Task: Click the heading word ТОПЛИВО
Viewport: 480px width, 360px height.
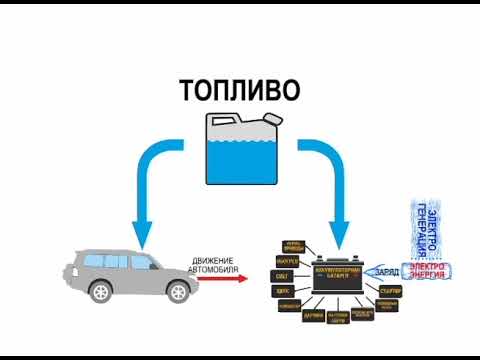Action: click(240, 91)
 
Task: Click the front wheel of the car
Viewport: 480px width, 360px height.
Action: click(177, 291)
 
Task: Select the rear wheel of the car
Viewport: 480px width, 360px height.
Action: click(101, 291)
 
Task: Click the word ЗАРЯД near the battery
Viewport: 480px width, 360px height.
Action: click(387, 270)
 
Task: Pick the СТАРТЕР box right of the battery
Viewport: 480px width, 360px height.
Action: click(391, 290)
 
